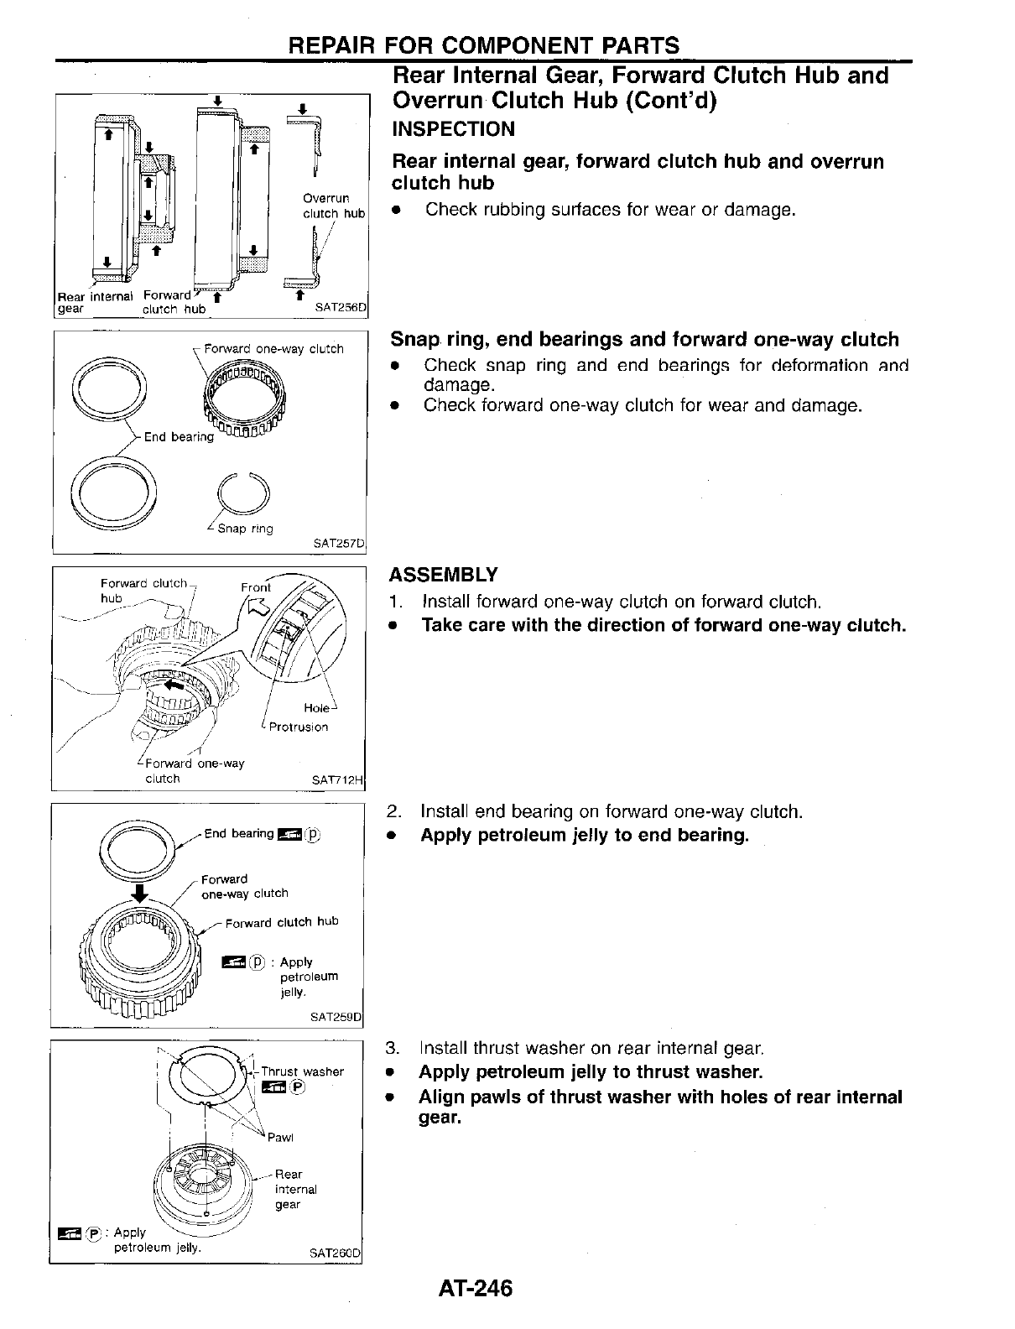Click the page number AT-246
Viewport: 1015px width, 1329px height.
[x=474, y=1288]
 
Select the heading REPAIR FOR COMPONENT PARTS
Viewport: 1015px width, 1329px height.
[x=482, y=45]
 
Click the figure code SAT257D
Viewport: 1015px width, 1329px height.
[x=339, y=544]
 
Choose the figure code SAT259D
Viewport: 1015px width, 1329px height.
[x=336, y=1018]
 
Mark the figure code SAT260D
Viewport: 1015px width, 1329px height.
[x=334, y=1253]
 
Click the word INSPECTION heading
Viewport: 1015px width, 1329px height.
[x=454, y=129]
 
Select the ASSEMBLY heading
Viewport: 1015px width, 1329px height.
[x=444, y=575]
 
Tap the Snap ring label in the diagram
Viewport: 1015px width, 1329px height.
[x=245, y=529]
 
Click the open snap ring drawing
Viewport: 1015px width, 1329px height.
[x=243, y=495]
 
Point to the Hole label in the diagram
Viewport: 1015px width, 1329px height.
[x=316, y=708]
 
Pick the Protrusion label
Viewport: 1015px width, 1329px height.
[x=298, y=727]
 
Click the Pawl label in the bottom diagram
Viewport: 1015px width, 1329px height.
[x=280, y=1138]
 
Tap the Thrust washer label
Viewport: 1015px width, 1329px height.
[x=302, y=1071]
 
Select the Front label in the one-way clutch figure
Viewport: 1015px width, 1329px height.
[x=256, y=587]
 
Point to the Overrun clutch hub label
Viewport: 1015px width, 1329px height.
[x=333, y=206]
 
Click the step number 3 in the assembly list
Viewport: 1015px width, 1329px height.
[x=392, y=1048]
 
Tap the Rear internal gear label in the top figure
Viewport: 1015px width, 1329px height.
[x=95, y=302]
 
